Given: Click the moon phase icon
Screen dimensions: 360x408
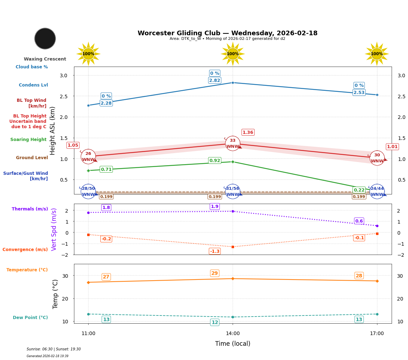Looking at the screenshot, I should pos(45,38).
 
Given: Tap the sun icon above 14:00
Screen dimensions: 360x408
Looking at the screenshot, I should pos(233,54).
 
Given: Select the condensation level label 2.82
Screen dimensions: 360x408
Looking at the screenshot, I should pos(214,80).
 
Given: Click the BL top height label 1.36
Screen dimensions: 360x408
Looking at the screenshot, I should pos(248,132).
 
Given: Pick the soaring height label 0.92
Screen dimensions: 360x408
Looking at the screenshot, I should pos(214,161).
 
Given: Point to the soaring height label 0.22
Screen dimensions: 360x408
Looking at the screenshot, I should pos(359,190).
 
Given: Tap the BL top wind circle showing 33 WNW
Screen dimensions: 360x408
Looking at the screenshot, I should pos(233,144).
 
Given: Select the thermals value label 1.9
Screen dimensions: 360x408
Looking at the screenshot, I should pos(214,207).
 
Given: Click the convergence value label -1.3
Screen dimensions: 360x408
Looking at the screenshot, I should pos(214,251).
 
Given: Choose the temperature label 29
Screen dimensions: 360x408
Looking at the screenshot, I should pos(214,273).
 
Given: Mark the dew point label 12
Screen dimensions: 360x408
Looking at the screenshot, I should pos(214,323).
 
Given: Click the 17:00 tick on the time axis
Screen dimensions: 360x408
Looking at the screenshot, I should pos(377,334).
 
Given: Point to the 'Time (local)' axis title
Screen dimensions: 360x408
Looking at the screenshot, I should pos(233,344).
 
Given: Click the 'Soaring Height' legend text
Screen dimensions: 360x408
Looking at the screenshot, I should pos(28,140).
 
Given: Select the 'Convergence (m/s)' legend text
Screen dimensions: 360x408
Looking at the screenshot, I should pos(25,250).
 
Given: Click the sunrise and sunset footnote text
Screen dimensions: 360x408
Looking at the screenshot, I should pos(54,349).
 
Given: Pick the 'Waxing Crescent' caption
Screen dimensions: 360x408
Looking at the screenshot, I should pos(45,59).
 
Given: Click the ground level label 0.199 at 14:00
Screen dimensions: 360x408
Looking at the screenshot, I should pos(214,197).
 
